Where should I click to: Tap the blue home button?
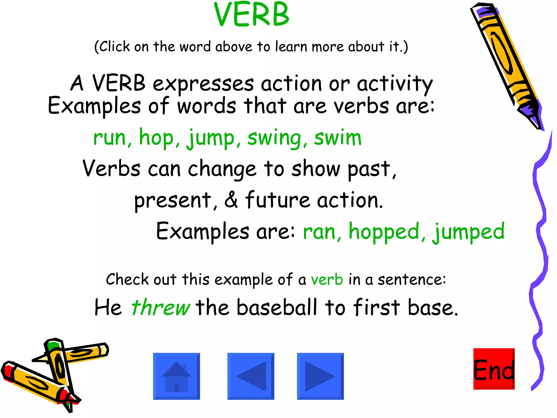click(177, 376)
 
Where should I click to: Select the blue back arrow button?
click(251, 376)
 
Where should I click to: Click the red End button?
click(494, 369)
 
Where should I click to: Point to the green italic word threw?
click(161, 308)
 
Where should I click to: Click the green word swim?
click(338, 138)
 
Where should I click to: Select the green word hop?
click(156, 137)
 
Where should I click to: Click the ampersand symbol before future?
click(231, 200)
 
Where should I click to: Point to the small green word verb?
click(327, 280)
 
